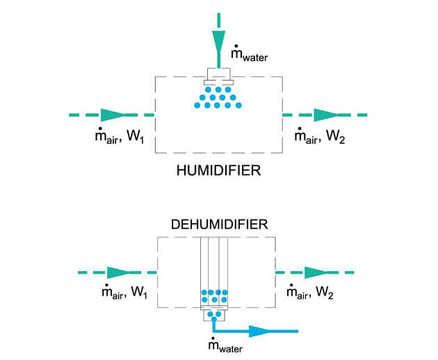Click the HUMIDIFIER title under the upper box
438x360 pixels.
pyautogui.click(x=218, y=169)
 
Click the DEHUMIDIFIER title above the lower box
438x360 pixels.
pyautogui.click(x=218, y=224)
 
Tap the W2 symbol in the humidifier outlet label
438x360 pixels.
pyautogui.click(x=336, y=138)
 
